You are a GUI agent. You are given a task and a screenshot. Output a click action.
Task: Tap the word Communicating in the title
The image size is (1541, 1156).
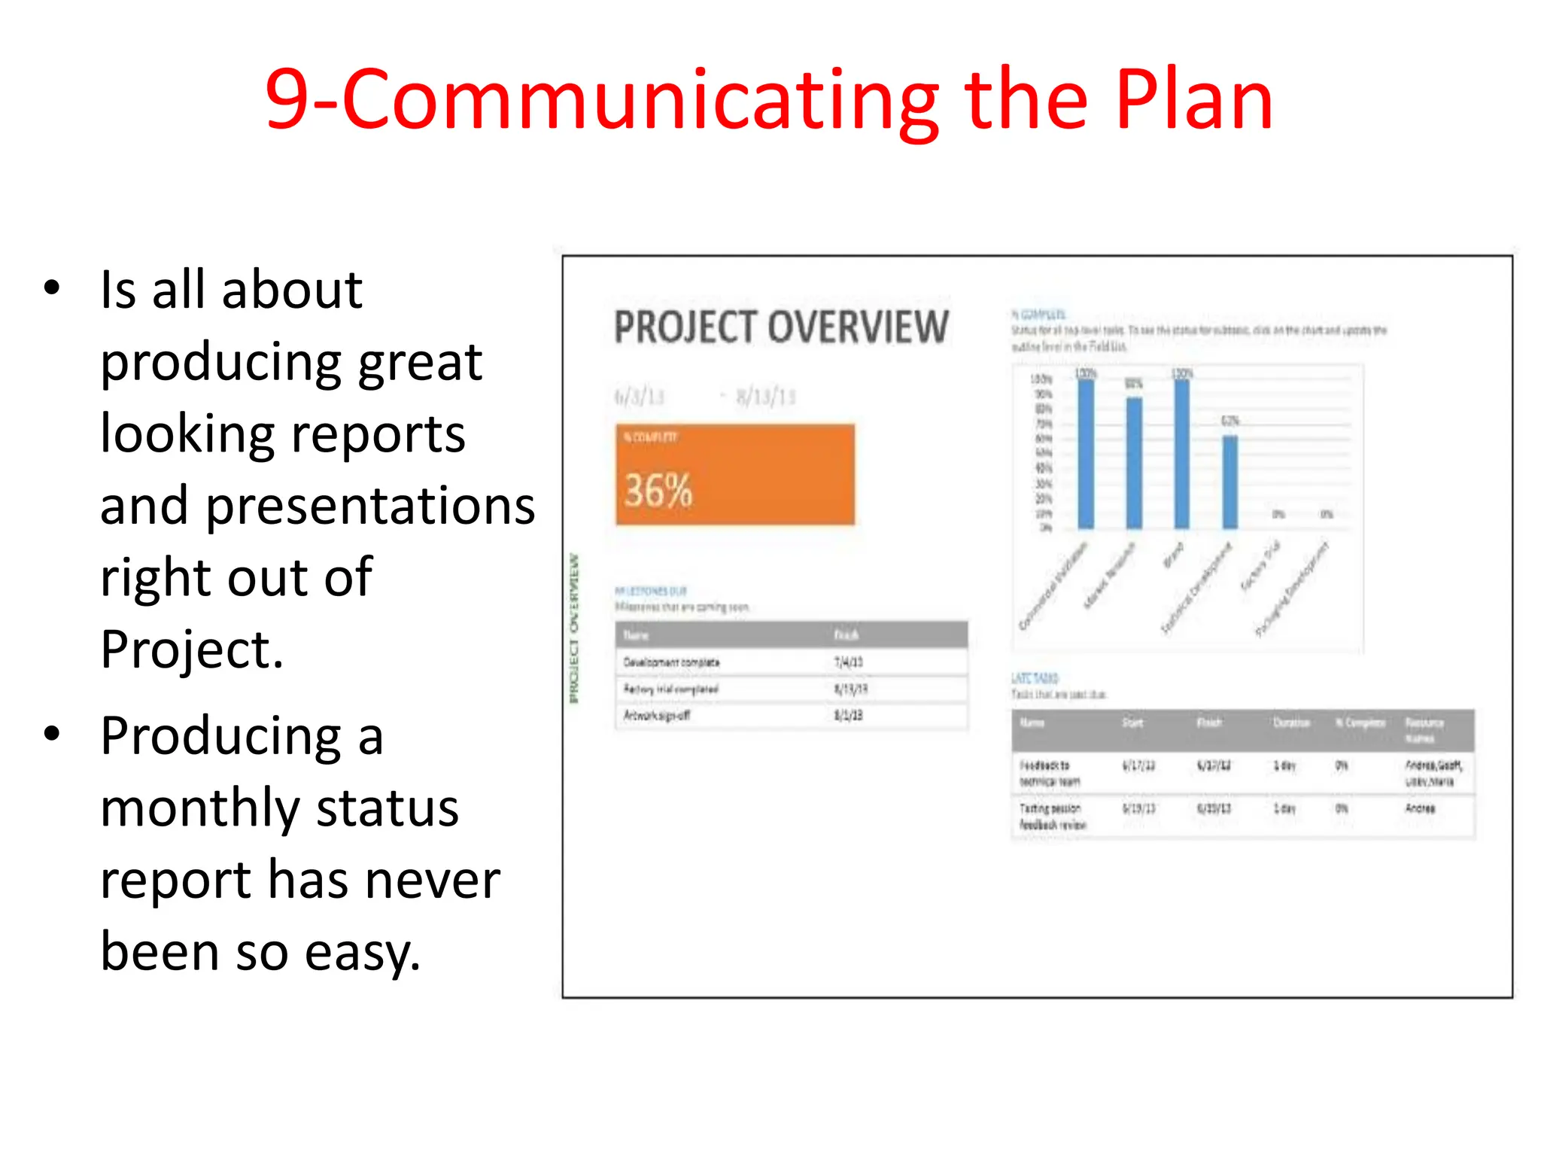640,102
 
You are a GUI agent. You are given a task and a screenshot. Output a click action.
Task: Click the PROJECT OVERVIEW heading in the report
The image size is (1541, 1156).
781,327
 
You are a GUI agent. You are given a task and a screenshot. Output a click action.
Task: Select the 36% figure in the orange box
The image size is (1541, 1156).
658,491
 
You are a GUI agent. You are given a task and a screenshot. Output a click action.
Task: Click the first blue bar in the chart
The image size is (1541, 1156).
1086,453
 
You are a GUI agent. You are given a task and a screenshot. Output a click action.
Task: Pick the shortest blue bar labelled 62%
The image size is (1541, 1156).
1229,482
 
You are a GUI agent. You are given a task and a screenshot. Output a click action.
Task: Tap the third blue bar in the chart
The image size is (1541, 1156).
1182,453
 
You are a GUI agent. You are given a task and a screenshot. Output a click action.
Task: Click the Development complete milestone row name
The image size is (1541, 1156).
671,662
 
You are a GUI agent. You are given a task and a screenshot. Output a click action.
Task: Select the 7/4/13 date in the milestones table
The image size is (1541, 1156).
848,662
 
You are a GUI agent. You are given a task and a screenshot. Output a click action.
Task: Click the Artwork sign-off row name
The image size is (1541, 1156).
656,715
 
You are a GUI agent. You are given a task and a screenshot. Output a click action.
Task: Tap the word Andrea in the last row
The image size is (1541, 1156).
1420,808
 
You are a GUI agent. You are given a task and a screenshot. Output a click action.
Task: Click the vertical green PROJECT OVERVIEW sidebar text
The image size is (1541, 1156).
575,628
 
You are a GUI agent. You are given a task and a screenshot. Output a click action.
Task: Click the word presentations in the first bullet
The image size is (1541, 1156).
370,506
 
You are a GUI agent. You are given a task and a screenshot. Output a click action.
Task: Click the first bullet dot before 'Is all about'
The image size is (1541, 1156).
51,287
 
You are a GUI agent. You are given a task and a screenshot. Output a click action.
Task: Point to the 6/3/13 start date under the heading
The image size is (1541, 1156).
639,397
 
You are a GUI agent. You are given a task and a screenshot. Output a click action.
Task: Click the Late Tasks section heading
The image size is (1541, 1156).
1035,677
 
